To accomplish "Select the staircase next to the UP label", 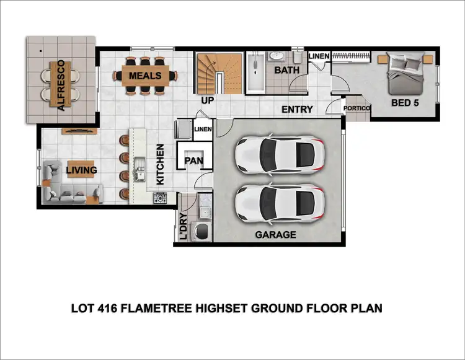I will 219,72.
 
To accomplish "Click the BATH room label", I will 286,70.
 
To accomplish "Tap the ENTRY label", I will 297,110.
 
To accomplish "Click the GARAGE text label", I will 276,235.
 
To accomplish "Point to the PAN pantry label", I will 193,161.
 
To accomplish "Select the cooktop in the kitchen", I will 160,198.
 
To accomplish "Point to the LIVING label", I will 82,170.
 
